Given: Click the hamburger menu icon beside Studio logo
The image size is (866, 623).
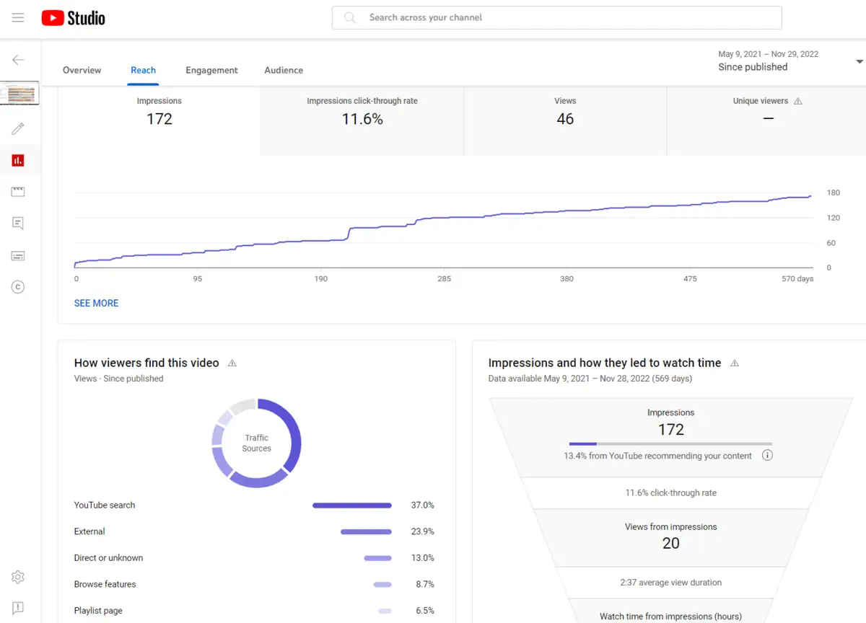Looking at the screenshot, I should pyautogui.click(x=18, y=18).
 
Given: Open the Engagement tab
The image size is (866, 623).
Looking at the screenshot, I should pyautogui.click(x=211, y=70).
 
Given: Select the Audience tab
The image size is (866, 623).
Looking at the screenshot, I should pyautogui.click(x=284, y=70).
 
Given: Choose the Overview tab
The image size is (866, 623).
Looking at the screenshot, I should pyautogui.click(x=82, y=70).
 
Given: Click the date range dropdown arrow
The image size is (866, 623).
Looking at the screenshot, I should pyautogui.click(x=859, y=61).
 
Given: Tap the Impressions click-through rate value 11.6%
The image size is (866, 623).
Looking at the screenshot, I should pyautogui.click(x=362, y=119).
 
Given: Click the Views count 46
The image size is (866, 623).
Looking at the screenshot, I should pyautogui.click(x=565, y=119).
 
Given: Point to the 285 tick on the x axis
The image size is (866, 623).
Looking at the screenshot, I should pyautogui.click(x=444, y=279).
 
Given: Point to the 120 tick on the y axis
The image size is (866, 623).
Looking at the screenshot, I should pyautogui.click(x=833, y=218).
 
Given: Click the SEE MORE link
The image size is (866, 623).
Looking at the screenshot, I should pyautogui.click(x=96, y=304).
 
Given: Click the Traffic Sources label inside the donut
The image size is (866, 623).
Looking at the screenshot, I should pyautogui.click(x=256, y=443).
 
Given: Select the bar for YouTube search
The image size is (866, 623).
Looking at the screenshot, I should pyautogui.click(x=351, y=505).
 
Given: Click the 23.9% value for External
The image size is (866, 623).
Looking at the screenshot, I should pyautogui.click(x=422, y=531).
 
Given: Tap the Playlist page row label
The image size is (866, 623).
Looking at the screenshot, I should pyautogui.click(x=98, y=611).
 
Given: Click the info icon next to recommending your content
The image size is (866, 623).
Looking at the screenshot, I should pyautogui.click(x=767, y=456).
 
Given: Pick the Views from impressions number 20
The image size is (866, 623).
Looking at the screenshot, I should pyautogui.click(x=670, y=544).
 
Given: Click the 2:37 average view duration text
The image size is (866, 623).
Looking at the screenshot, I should pyautogui.click(x=670, y=583).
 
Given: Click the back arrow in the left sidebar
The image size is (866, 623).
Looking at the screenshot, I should pyautogui.click(x=18, y=60).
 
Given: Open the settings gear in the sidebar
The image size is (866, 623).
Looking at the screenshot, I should pyautogui.click(x=18, y=577).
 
